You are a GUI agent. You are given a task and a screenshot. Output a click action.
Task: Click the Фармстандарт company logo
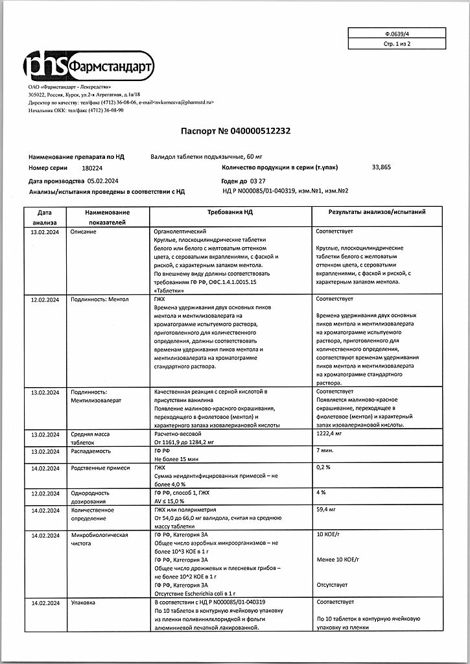tap(89, 65)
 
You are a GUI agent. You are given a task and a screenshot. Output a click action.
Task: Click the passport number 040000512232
tap(257, 131)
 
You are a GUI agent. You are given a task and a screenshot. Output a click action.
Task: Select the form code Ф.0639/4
tap(396, 33)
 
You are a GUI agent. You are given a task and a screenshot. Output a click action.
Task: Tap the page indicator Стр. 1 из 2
tap(397, 43)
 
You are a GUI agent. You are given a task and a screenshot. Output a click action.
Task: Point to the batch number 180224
tap(84, 167)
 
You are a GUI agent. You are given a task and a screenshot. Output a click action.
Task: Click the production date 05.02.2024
tap(105, 182)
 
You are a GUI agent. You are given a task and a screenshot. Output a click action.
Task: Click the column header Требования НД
tap(231, 213)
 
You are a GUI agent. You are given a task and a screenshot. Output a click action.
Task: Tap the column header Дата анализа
tap(45, 217)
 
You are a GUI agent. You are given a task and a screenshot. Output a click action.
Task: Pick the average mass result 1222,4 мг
tap(330, 433)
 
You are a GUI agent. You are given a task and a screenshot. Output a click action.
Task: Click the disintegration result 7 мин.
tap(324, 450)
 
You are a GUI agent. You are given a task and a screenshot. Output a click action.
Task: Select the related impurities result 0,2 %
tap(323, 467)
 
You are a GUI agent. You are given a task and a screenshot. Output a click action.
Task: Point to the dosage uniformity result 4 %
tap(320, 493)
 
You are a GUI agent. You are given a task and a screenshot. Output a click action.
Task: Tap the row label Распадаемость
tap(91, 451)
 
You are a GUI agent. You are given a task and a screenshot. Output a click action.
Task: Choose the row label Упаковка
tap(84, 602)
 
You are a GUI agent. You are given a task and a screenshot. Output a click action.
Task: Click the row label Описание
tap(84, 231)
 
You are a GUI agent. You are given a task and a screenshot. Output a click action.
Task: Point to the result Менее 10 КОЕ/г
tap(337, 560)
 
